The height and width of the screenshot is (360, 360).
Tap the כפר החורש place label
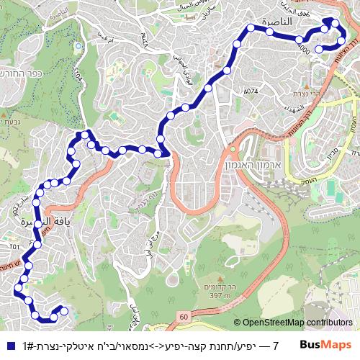tap(24, 73)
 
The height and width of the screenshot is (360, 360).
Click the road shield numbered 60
tap(184, 315)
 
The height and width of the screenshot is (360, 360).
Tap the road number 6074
tap(251, 91)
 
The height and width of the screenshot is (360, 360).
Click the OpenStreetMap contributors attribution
tap(297, 323)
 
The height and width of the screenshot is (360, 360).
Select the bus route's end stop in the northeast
tap(319, 48)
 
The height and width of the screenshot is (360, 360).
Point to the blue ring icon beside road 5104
tap(78, 45)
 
